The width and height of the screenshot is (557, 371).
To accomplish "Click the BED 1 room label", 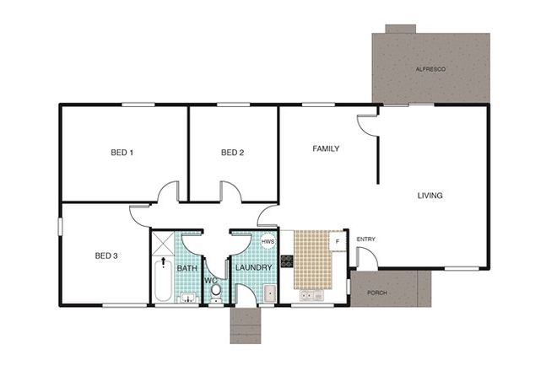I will [122, 153].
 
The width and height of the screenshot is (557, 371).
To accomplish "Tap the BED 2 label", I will [232, 153].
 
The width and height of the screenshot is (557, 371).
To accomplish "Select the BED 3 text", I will [105, 255].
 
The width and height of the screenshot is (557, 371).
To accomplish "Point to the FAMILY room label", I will [326, 149].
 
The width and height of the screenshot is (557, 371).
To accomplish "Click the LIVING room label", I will [430, 196].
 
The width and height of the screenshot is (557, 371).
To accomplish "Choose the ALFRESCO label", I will [430, 67].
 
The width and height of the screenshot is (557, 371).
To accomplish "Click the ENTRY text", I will [366, 239].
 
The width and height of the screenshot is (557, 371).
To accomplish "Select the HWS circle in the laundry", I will [268, 242].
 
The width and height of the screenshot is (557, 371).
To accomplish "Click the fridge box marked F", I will [338, 242].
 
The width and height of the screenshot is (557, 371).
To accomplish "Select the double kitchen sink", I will [310, 295].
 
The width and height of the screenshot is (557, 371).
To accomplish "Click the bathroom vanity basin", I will [187, 297].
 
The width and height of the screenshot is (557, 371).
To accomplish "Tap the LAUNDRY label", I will [253, 268].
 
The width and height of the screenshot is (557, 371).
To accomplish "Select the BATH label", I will [187, 268].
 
